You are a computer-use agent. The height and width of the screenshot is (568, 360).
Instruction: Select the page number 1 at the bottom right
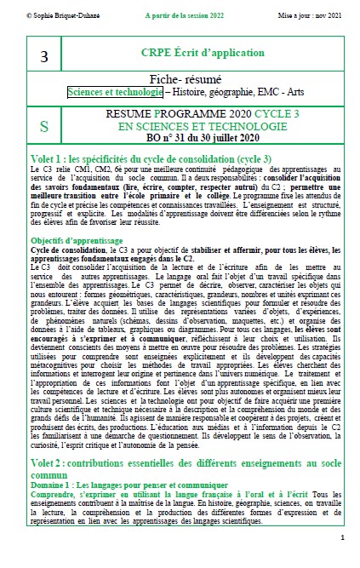point(341,538)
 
